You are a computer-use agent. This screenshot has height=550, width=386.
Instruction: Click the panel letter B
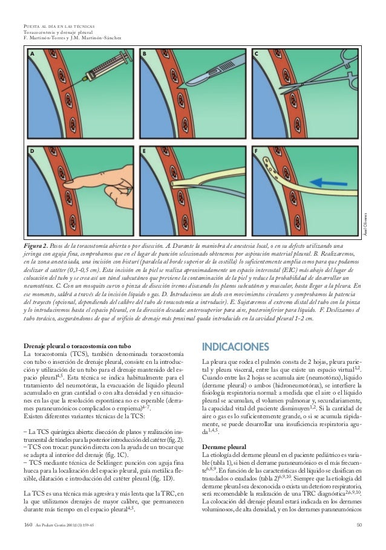tap(144, 54)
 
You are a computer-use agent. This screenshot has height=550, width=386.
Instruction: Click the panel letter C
tap(256, 54)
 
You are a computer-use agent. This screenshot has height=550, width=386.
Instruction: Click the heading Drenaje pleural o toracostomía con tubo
tap(74, 345)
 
